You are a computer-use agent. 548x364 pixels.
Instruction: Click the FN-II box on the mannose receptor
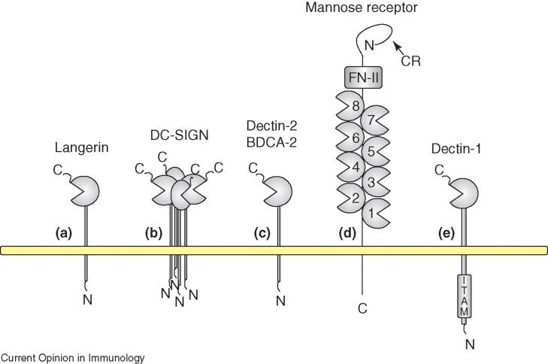point(363,77)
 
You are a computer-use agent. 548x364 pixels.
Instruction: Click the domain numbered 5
point(374,150)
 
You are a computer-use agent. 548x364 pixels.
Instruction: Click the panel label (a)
point(65,233)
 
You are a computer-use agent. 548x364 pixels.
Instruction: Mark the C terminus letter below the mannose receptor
point(363,306)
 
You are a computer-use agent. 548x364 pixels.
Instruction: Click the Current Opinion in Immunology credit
point(72,358)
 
